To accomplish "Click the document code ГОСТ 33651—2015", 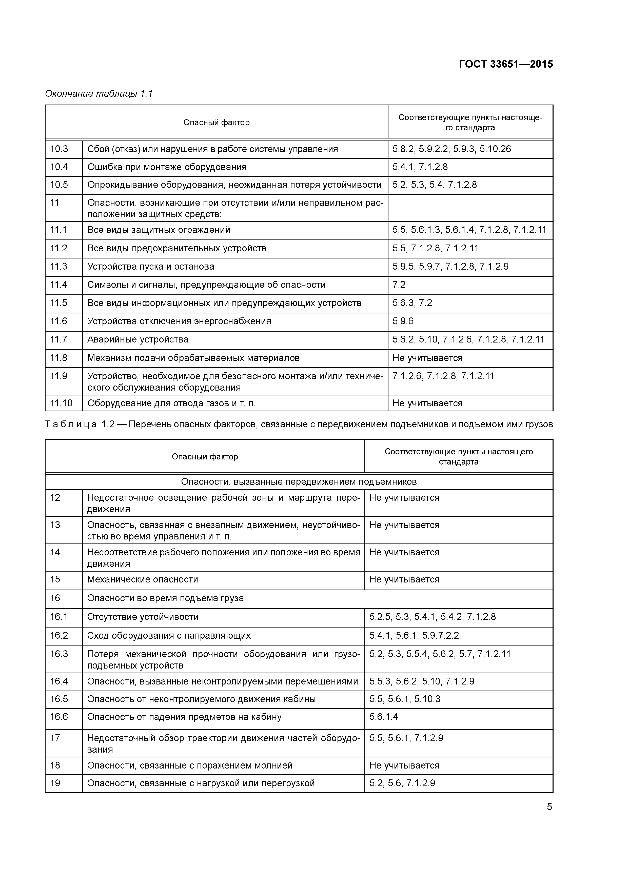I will coord(506,64).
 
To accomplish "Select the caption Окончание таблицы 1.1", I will coord(99,94).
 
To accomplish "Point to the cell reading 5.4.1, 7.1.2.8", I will coord(420,167).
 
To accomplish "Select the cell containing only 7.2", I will coord(399,285).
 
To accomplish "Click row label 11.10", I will coord(61,403).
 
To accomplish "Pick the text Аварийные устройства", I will coord(138,339).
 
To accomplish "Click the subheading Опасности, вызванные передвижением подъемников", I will coord(299,482).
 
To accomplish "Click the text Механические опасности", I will coord(142,579).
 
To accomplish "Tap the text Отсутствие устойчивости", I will coord(143,617).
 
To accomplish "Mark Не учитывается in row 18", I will coord(404,765).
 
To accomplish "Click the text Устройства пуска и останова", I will coord(150,267).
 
